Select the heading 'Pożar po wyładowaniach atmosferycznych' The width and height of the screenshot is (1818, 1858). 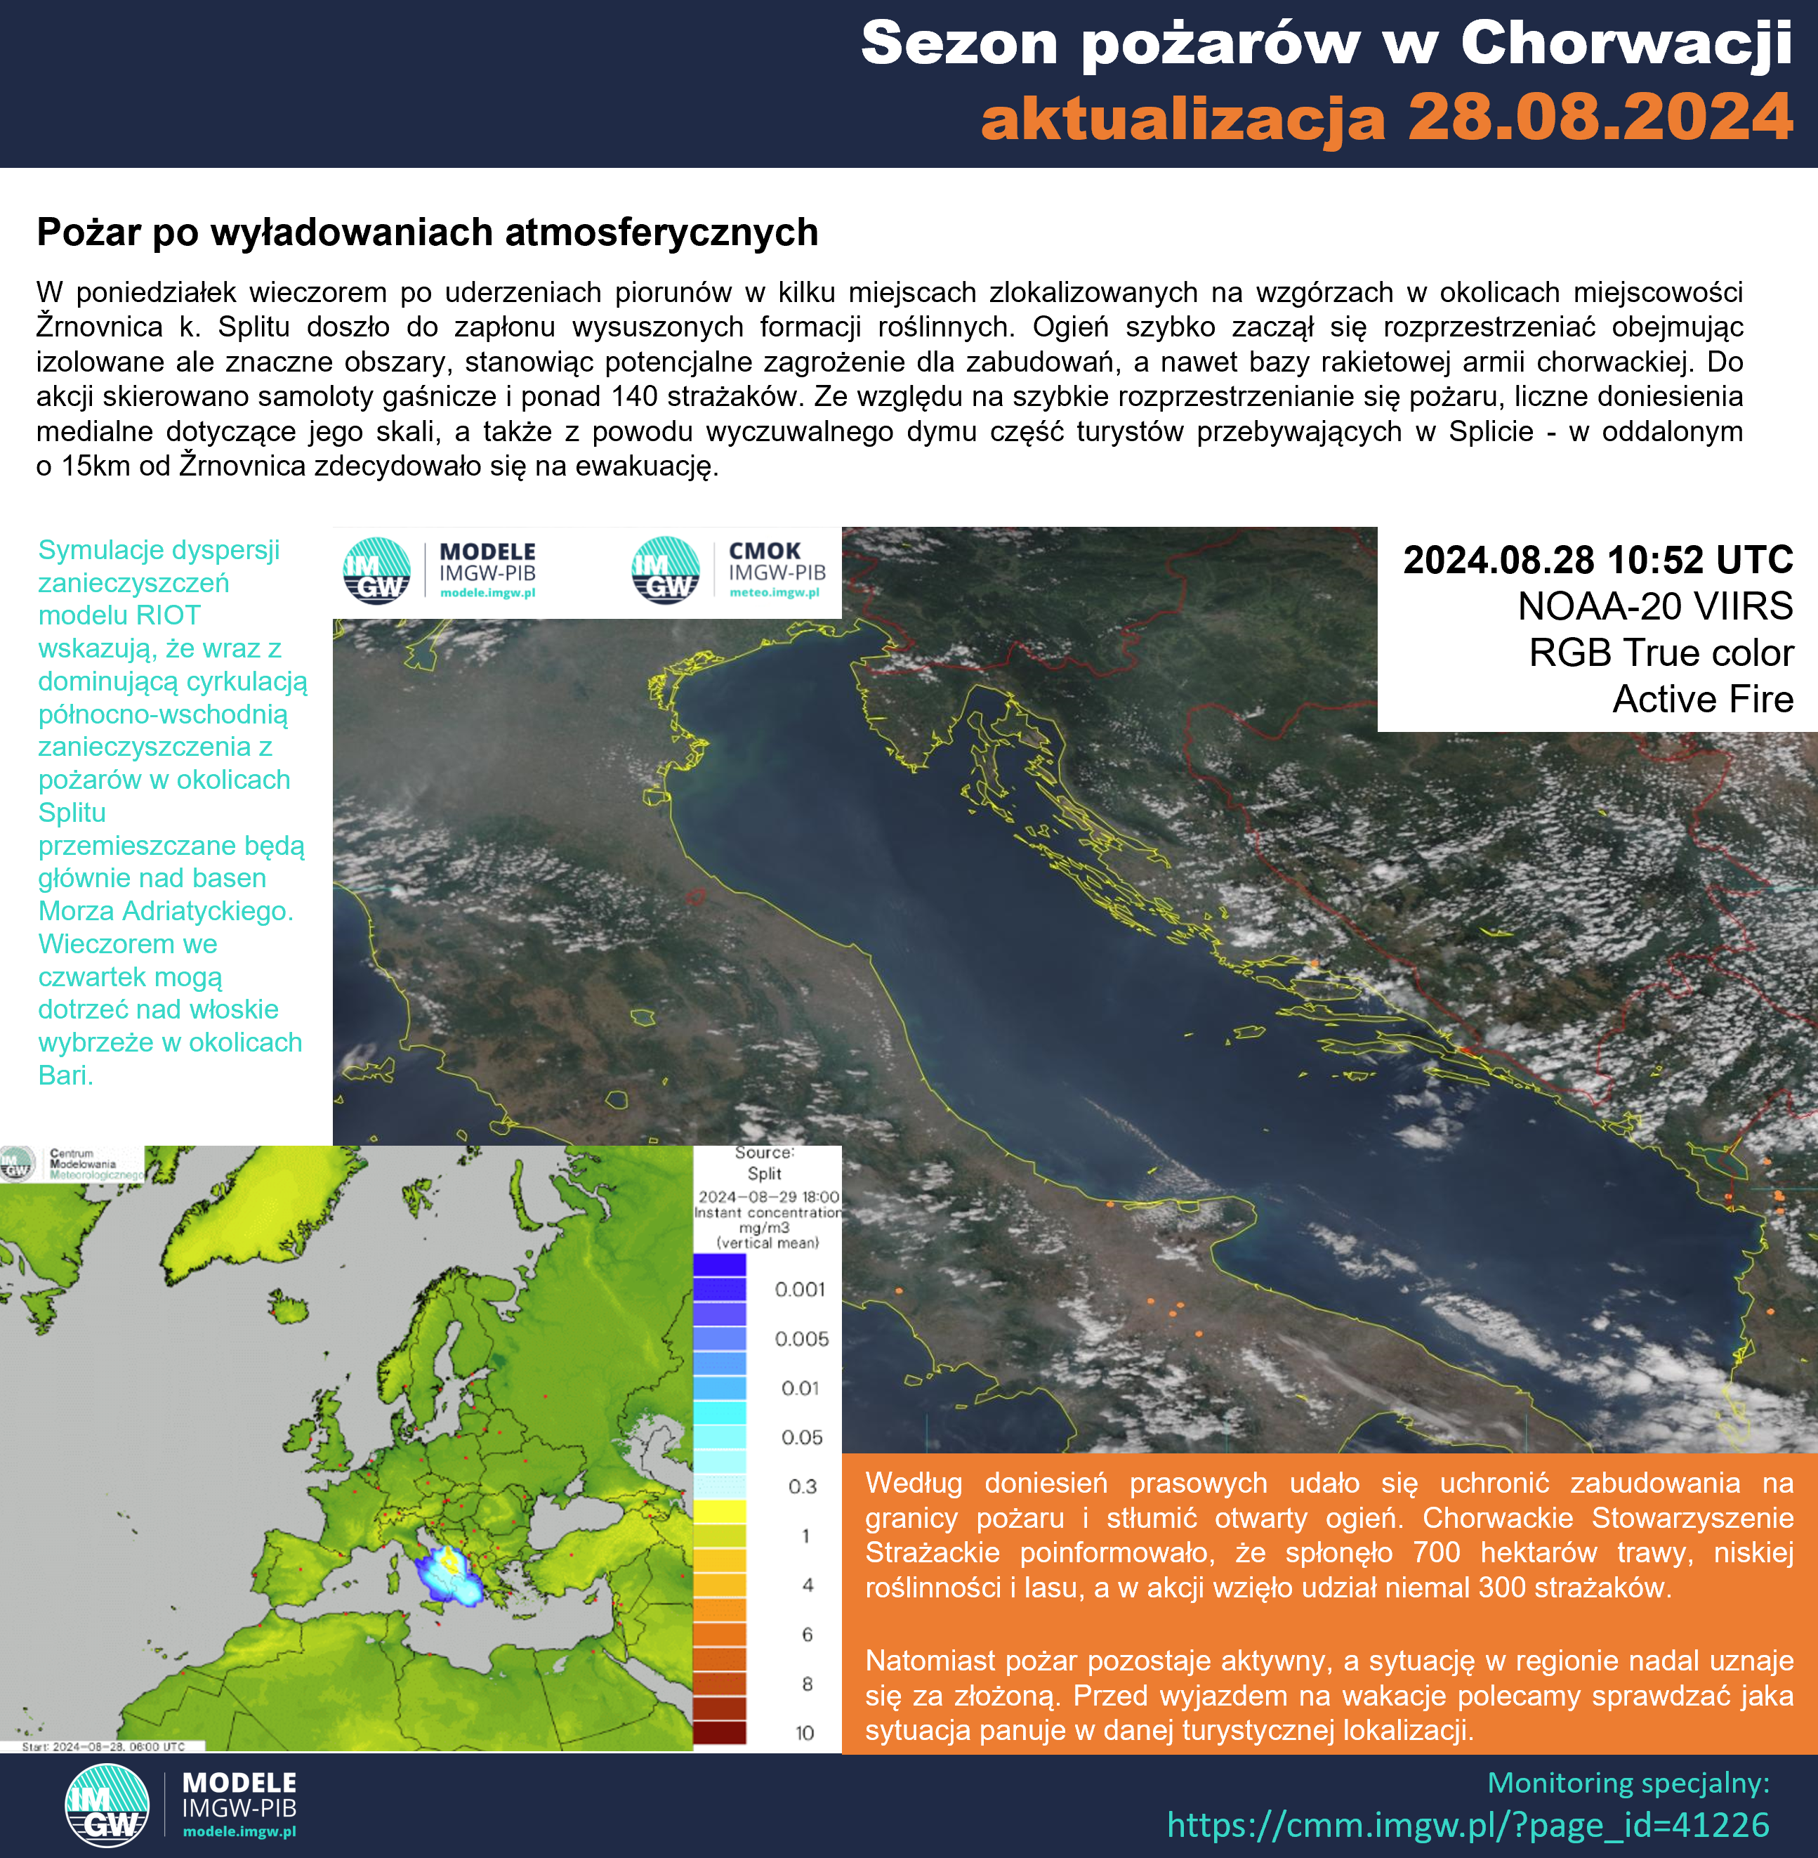tap(427, 232)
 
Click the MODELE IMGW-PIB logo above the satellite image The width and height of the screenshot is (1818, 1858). tap(440, 571)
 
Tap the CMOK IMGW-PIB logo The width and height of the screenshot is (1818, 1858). tap(730, 571)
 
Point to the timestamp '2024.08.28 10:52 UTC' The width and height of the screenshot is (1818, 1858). tap(1598, 560)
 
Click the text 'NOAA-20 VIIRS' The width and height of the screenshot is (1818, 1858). tap(1654, 607)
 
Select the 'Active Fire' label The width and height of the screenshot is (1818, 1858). tap(1702, 699)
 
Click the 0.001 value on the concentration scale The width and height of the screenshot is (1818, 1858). tap(799, 1290)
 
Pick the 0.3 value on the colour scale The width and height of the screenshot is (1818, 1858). tap(802, 1486)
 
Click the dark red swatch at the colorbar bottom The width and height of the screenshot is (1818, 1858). tap(719, 1731)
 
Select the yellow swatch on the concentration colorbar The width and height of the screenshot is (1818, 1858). tap(719, 1510)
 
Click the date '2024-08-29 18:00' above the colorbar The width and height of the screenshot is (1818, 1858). tap(768, 1197)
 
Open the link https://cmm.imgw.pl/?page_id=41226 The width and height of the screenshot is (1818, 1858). tap(1468, 1824)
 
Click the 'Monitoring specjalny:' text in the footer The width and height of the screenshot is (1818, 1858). tap(1628, 1783)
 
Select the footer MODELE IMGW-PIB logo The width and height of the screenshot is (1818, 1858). tap(181, 1805)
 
